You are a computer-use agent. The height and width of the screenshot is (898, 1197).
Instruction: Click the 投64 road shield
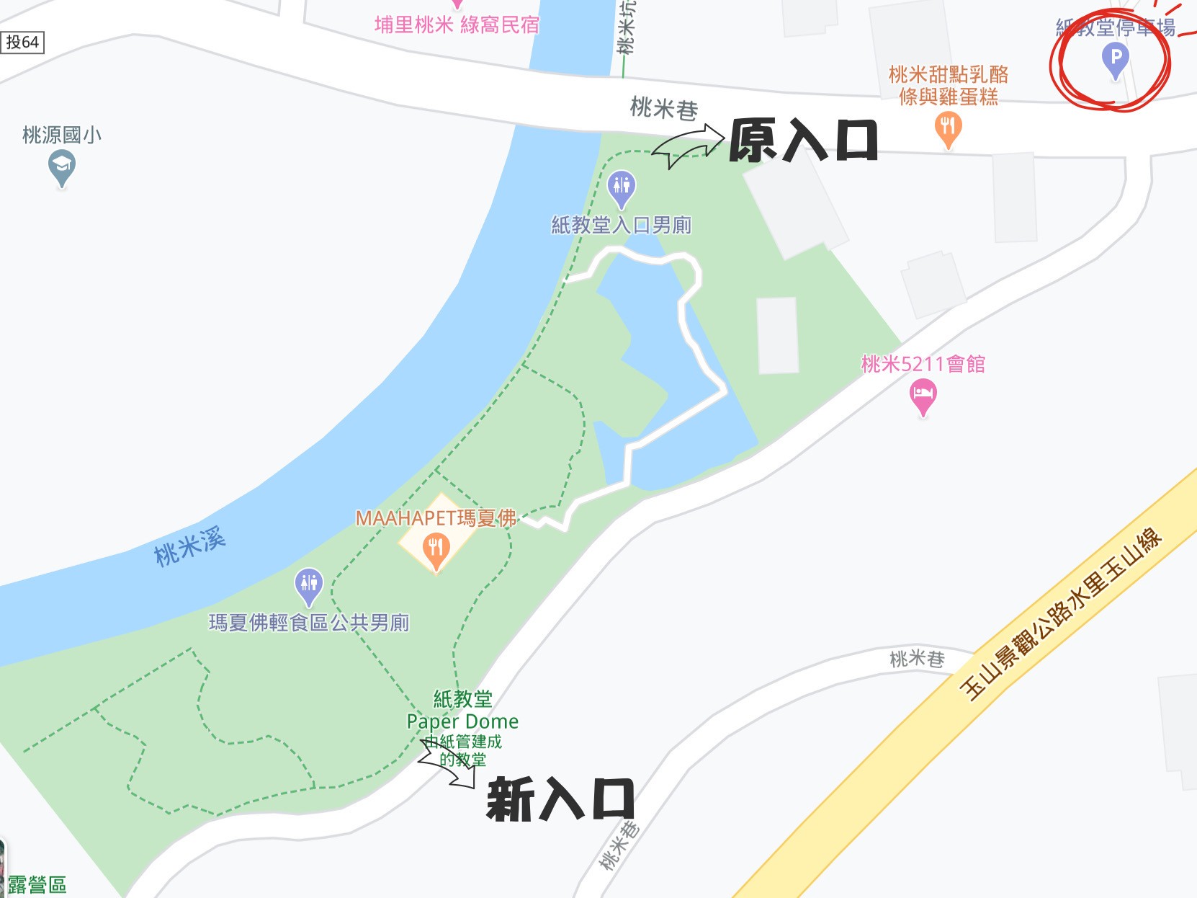pyautogui.click(x=22, y=43)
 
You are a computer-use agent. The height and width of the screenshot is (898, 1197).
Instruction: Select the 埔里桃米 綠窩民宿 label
pyautogui.click(x=457, y=25)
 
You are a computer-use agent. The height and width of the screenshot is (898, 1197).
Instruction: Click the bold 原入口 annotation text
pyautogui.click(x=803, y=141)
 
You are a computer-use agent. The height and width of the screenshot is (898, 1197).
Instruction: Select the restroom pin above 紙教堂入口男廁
pyautogui.click(x=621, y=187)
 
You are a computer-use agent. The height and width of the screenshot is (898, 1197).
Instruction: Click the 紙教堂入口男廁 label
pyautogui.click(x=621, y=226)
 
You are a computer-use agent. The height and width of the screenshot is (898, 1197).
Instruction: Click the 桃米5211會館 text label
pyautogui.click(x=923, y=364)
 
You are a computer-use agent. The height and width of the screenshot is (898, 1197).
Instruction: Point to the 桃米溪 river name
pyautogui.click(x=190, y=546)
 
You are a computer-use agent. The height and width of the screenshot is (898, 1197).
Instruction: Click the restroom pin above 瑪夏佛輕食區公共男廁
pyautogui.click(x=309, y=584)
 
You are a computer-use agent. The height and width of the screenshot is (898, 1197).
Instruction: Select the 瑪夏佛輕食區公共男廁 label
pyautogui.click(x=309, y=623)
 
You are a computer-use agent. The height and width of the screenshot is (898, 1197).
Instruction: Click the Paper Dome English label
pyautogui.click(x=462, y=721)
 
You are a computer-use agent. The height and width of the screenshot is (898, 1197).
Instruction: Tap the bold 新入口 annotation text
pyautogui.click(x=560, y=799)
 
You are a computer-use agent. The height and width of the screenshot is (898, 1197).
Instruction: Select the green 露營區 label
pyautogui.click(x=37, y=885)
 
